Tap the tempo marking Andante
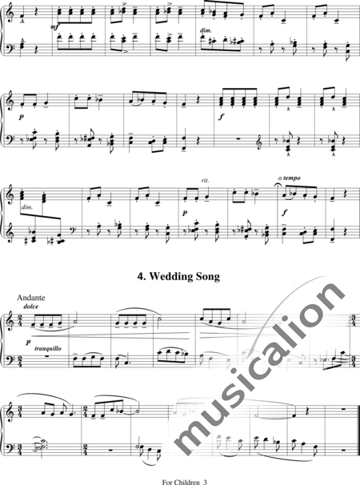pos(31,298)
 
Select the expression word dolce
pos(31,307)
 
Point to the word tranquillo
pos(48,349)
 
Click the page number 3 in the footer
pos(205,482)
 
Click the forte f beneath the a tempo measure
pos(285,214)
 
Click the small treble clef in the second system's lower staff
pos(259,146)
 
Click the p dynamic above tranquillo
pos(29,343)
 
